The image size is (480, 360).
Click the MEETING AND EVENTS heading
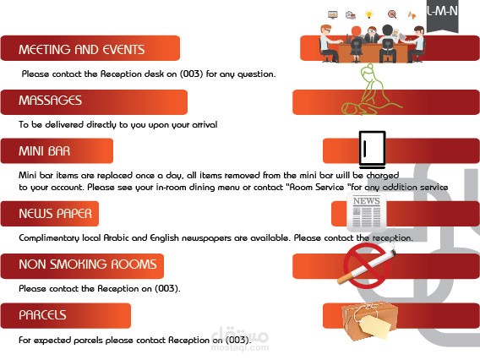[81, 49]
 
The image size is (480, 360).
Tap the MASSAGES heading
[50, 101]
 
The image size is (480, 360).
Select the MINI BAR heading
[45, 151]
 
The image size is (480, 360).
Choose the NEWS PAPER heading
[56, 214]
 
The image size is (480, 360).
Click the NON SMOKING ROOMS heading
[88, 265]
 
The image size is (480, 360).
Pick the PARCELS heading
[42, 315]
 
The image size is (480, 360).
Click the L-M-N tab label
[442, 11]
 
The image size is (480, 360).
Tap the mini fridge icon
[372, 150]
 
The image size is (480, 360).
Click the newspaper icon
[367, 212]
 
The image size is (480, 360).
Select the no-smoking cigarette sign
[366, 266]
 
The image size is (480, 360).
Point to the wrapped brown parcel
[370, 321]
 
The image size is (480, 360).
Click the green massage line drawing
[369, 90]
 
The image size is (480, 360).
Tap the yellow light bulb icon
[369, 14]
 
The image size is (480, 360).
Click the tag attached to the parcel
[376, 327]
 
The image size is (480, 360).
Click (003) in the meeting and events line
[191, 74]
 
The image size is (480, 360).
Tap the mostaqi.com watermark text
[240, 347]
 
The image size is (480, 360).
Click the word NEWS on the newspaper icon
[367, 201]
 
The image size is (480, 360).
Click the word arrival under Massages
[205, 124]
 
